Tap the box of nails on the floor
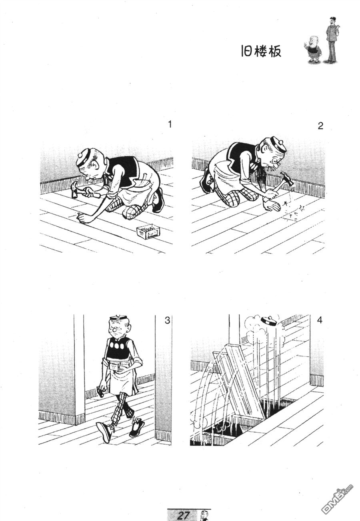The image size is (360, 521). (148, 232)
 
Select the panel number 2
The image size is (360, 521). (320, 126)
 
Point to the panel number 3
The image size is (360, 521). (167, 321)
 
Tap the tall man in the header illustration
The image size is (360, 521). (332, 40)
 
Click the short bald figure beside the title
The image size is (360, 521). (312, 49)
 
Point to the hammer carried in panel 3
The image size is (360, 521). (101, 392)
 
